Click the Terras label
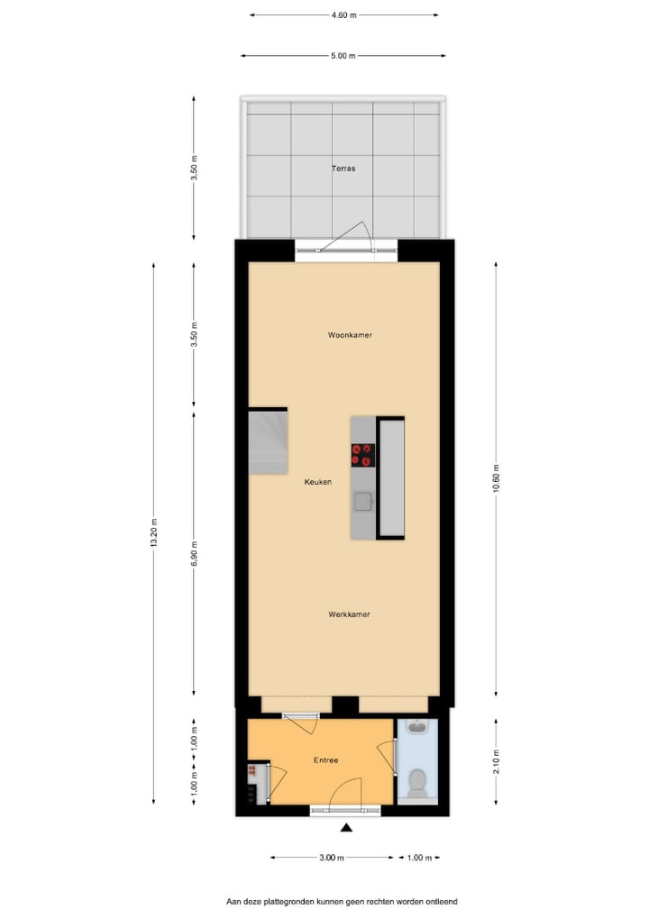[x=343, y=168]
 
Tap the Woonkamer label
[x=350, y=335]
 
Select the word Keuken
[x=317, y=482]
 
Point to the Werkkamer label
[x=350, y=614]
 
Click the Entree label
[x=325, y=760]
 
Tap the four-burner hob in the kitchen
[x=363, y=455]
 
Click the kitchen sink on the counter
[x=363, y=501]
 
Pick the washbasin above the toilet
[x=417, y=728]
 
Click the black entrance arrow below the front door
[x=345, y=828]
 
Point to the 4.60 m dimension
[x=343, y=15]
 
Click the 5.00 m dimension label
[x=343, y=56]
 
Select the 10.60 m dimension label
[x=497, y=477]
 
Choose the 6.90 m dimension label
[x=195, y=554]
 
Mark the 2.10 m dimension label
[x=497, y=761]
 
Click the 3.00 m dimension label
[x=331, y=858]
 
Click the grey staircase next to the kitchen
[x=268, y=441]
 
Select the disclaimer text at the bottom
[x=342, y=901]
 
